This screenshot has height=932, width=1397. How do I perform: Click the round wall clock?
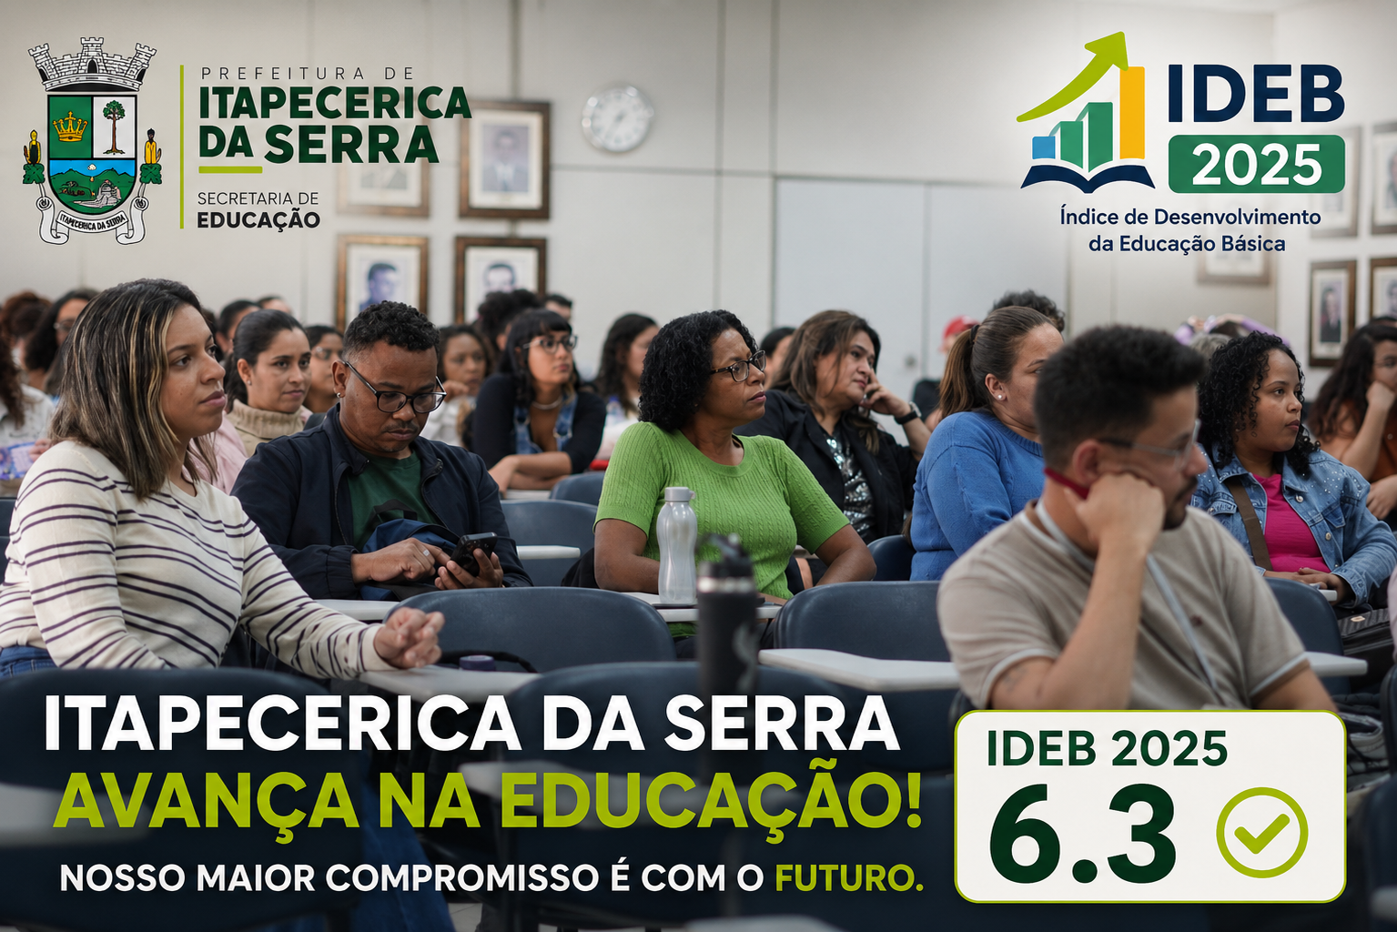click(617, 118)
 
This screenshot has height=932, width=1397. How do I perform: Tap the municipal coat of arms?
click(92, 140)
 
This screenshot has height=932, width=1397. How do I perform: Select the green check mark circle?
click(1262, 832)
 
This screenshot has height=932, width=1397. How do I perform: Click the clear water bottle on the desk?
click(677, 544)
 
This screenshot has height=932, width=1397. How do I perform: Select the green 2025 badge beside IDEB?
click(1257, 164)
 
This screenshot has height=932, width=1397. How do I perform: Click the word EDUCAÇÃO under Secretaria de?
click(258, 220)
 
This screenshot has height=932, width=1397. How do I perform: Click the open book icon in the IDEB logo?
click(1088, 177)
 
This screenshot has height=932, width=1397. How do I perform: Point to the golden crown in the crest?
click(70, 127)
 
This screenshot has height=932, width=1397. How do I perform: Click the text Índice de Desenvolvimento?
click(1189, 218)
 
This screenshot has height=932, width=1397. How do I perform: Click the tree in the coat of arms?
click(114, 126)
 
